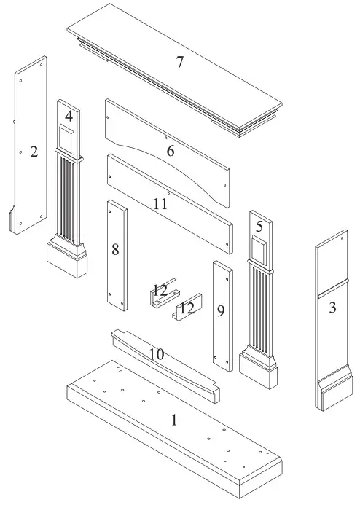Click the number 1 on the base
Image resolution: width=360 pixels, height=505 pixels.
[x=173, y=420]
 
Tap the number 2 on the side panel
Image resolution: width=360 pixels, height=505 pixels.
[x=34, y=152]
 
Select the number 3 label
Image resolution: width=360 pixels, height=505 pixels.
[x=332, y=308]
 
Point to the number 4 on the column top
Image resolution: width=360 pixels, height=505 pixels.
[x=69, y=116]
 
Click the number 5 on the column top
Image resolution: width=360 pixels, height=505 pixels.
[x=259, y=227]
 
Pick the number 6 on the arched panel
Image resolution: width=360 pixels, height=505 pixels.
[x=170, y=151]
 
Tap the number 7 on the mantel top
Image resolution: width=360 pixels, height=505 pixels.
[x=179, y=62]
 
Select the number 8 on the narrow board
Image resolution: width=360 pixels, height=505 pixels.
[x=115, y=249]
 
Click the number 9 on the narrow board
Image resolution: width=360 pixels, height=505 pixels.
[x=220, y=311]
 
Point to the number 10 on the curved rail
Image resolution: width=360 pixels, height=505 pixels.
[x=156, y=354]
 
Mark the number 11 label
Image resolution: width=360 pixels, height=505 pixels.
[x=160, y=204]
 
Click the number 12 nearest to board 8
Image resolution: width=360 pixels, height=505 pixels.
[x=160, y=290]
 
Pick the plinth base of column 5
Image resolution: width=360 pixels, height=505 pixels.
[x=259, y=371]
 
